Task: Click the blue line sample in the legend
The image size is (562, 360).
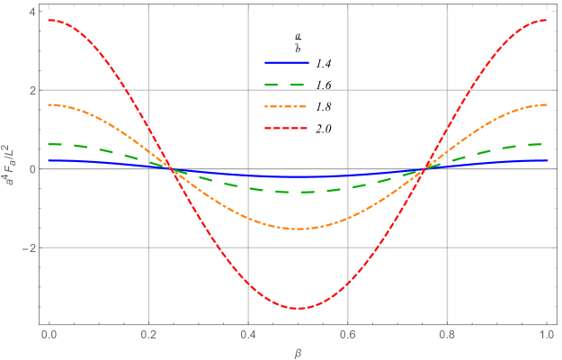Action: (286, 63)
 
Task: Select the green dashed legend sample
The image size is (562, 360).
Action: (286, 85)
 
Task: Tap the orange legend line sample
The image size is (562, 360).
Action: (286, 107)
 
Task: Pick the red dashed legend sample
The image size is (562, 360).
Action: (286, 129)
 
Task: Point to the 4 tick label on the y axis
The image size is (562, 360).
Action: (31, 12)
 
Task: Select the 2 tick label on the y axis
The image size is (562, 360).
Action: (31, 90)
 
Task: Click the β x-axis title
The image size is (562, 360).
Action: (298, 350)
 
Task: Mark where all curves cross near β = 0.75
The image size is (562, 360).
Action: (424, 169)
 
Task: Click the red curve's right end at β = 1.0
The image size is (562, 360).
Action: (547, 20)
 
